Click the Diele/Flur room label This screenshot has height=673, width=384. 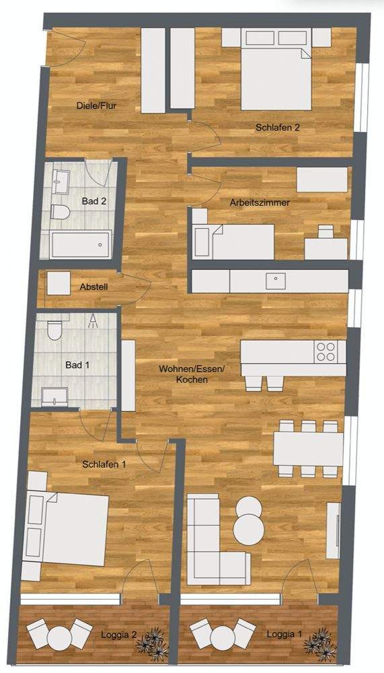coord(97,106)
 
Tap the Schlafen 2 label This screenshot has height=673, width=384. coord(277,127)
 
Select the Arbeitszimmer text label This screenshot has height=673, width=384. coord(260,203)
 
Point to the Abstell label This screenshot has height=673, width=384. coord(93,287)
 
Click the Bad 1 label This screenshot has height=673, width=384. coord(77,365)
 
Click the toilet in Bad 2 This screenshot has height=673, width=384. coord(60,211)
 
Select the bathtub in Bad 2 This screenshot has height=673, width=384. coord(80,245)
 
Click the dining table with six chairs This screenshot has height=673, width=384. coord(308,449)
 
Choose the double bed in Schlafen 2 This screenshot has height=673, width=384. coord(276,69)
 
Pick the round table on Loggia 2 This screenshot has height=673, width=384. coord(59,639)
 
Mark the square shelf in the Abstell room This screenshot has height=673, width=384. coord(59,283)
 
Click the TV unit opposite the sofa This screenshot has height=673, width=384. coord(334,530)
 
